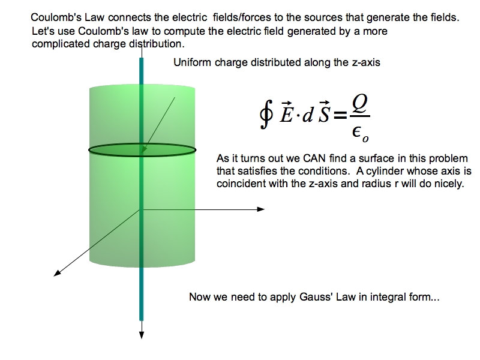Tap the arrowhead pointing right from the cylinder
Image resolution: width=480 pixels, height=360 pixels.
coord(260,209)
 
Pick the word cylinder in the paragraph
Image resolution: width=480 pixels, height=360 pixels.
coord(403,172)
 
